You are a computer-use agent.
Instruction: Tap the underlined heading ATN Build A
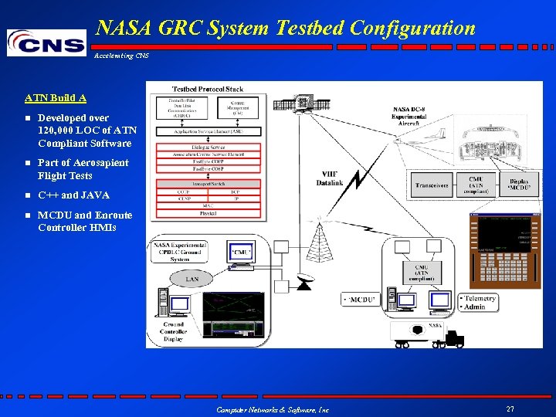point(56,98)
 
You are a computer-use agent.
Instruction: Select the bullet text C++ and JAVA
point(73,195)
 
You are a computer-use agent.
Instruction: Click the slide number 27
point(510,409)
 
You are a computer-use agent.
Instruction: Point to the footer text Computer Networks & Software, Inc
point(273,409)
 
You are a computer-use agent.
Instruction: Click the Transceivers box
point(431,185)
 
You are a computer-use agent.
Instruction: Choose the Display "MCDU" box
point(518,185)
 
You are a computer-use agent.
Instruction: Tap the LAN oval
point(192,279)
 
